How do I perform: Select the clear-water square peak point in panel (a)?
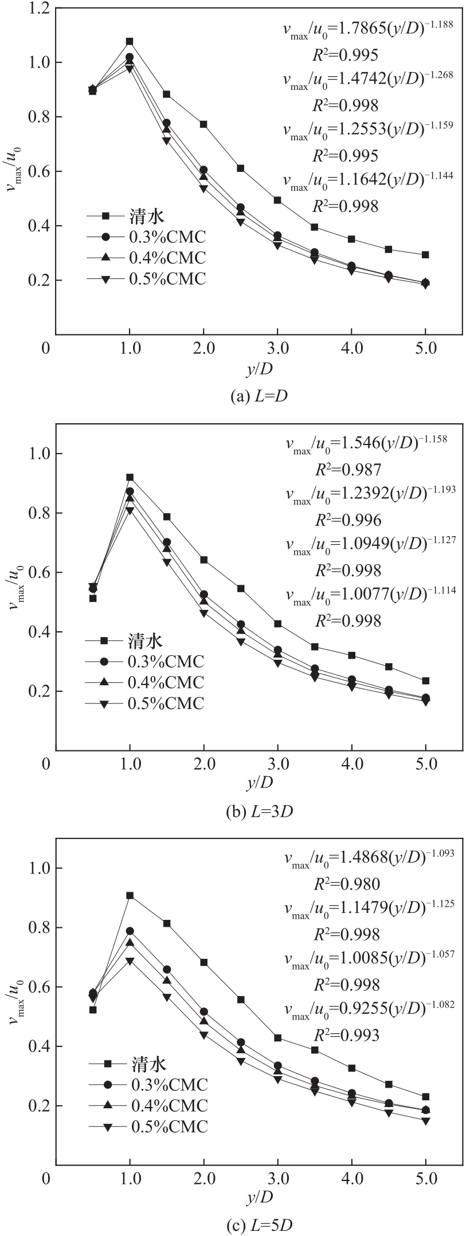pyautogui.click(x=130, y=41)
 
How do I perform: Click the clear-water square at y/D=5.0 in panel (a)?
pyautogui.click(x=425, y=254)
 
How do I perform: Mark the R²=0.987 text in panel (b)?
pyautogui.click(x=348, y=470)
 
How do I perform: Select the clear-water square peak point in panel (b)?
pyautogui.click(x=130, y=477)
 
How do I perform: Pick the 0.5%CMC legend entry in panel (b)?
pyautogui.click(x=167, y=703)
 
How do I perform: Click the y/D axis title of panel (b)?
pyautogui.click(x=260, y=782)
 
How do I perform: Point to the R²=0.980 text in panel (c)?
pyautogui.click(x=347, y=884)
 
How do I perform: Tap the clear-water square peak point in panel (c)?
pyautogui.click(x=130, y=895)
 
